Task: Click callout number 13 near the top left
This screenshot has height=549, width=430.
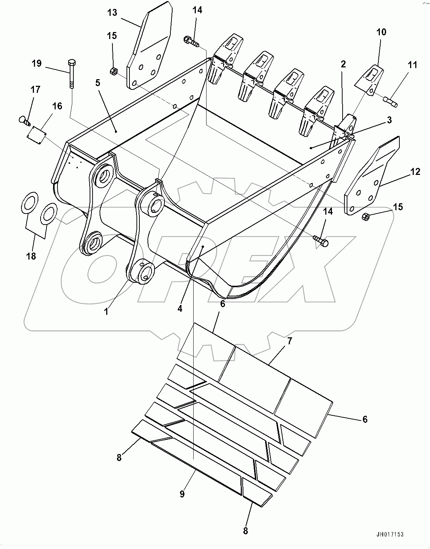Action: (112, 13)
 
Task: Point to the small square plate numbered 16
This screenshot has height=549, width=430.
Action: (37, 132)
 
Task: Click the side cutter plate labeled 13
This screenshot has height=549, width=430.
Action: (149, 48)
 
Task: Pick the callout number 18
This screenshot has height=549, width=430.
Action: (31, 256)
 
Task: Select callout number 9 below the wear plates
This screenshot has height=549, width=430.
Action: (182, 494)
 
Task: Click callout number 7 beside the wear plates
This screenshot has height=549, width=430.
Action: (289, 341)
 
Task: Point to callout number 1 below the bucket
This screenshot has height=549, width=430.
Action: (106, 312)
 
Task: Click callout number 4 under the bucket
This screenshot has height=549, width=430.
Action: (180, 309)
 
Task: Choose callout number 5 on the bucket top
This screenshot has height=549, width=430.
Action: (98, 83)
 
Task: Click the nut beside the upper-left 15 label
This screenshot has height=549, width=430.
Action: (114, 71)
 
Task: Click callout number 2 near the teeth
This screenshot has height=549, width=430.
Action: (343, 64)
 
